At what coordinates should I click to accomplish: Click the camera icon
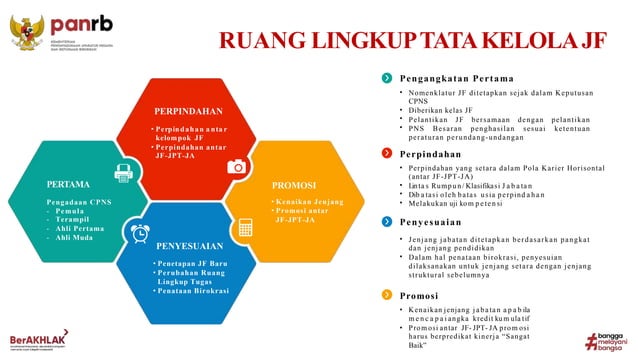[x=237, y=166]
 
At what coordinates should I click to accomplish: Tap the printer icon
[x=124, y=173]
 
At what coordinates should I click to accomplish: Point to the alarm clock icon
[x=138, y=232]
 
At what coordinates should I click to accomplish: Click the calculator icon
[x=244, y=226]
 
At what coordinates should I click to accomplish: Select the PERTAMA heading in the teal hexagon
[x=69, y=185]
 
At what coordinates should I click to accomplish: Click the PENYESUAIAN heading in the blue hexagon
[x=189, y=244]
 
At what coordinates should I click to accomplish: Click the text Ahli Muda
[x=77, y=239]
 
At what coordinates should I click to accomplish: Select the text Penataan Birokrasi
[x=193, y=291]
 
